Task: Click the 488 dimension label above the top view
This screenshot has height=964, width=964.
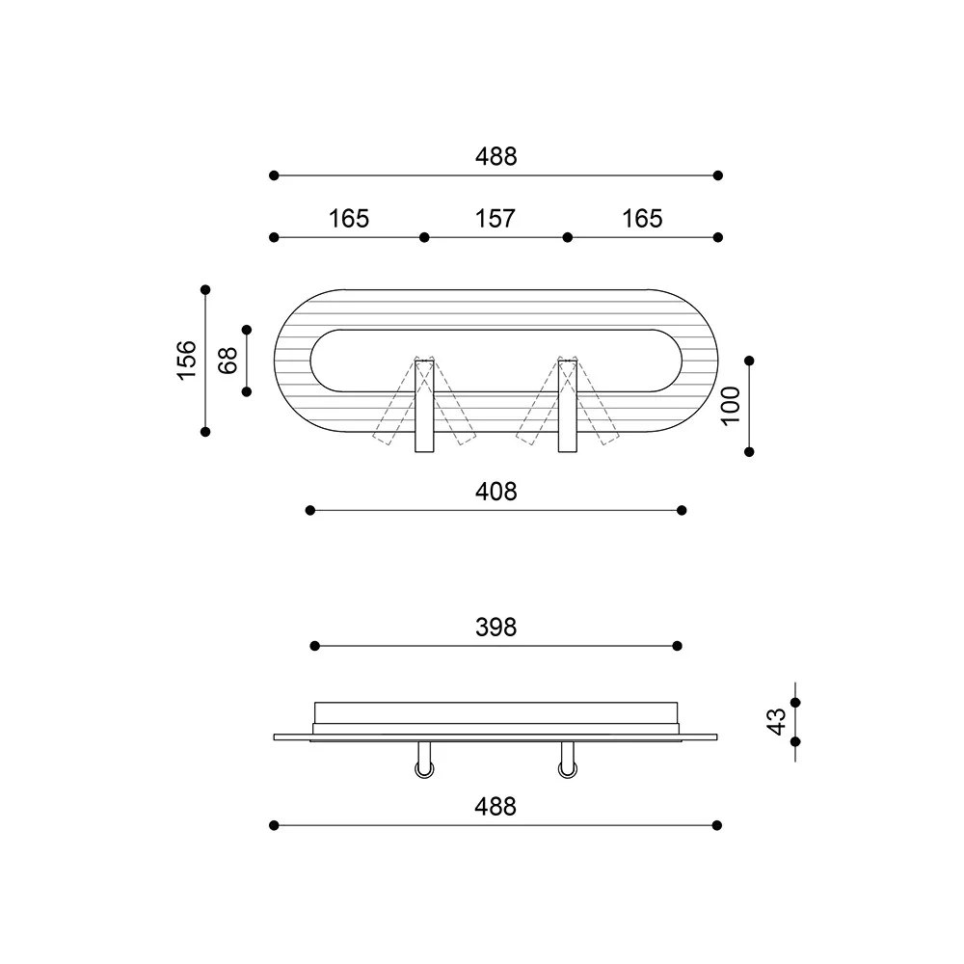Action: pos(495,156)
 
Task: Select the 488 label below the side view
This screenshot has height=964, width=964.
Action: pos(495,806)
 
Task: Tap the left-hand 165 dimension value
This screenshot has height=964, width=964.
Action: pos(349,219)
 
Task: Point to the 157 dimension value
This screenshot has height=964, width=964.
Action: pos(495,219)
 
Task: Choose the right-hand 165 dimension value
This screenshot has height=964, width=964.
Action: pos(643,219)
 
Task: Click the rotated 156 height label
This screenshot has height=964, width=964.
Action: pos(187,360)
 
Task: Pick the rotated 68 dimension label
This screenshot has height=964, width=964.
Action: pos(228,361)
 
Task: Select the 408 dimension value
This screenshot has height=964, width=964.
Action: pos(496,492)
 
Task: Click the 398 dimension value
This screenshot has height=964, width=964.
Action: pos(496,628)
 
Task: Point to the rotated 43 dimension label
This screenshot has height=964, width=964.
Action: pos(777,721)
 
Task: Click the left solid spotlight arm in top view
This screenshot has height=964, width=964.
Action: pos(424,405)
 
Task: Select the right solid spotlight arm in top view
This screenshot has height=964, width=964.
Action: pos(568,405)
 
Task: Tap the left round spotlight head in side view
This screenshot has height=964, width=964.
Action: pos(424,768)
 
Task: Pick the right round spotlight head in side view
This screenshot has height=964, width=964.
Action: pos(566,768)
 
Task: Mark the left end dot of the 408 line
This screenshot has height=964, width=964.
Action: pos(309,509)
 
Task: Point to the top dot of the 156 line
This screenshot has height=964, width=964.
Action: pos(205,289)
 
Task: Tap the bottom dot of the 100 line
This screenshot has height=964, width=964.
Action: pos(750,451)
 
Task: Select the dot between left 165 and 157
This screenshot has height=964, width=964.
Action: pos(423,237)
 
